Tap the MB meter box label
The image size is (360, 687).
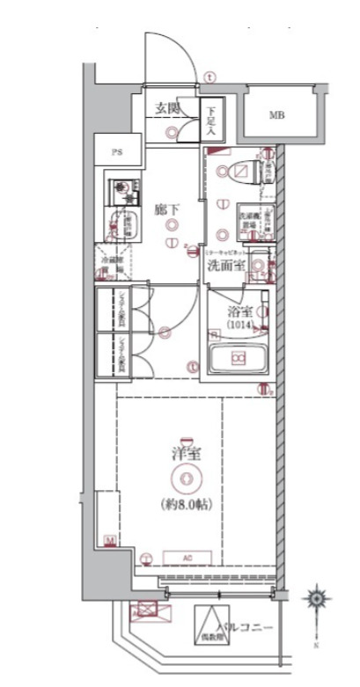276,115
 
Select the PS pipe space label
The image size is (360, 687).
115,151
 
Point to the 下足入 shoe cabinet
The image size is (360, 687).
211,121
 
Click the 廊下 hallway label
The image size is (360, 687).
167,210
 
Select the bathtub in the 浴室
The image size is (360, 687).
238,359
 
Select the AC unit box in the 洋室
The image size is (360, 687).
188,557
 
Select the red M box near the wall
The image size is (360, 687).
109,539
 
